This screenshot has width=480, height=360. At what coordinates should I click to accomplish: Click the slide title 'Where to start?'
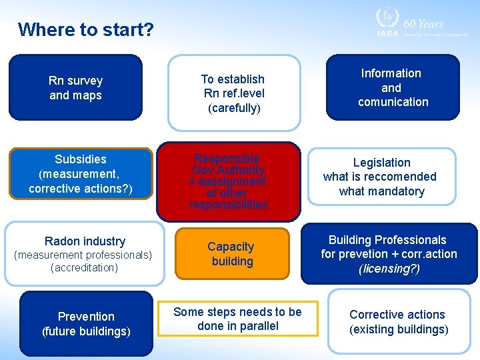tap(85, 30)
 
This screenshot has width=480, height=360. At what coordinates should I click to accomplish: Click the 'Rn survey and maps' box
tap(76, 87)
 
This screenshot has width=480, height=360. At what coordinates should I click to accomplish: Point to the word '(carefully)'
tap(233, 108)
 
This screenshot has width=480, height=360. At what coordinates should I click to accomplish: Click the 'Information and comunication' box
tap(392, 87)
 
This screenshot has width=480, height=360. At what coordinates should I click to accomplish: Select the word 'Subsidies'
tap(81, 159)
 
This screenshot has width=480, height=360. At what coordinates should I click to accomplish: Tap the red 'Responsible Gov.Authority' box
tap(228, 181)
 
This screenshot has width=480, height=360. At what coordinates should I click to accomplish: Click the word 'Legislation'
tap(381, 163)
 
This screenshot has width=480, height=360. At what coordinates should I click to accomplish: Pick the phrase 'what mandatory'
tap(381, 191)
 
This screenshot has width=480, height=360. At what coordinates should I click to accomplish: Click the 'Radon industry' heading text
tap(85, 241)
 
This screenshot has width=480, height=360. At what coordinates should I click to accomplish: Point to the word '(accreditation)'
tap(84, 268)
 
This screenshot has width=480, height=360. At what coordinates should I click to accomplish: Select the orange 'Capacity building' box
tap(231, 254)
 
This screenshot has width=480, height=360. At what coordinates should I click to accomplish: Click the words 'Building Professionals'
tap(387, 240)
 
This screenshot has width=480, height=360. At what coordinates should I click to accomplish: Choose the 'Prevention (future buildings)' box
tap(86, 323)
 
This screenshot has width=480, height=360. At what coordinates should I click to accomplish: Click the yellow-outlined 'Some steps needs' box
tap(237, 319)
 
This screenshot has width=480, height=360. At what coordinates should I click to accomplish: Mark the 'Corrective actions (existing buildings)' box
tap(398, 321)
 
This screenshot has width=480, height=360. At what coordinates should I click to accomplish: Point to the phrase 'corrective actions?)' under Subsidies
tap(81, 189)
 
